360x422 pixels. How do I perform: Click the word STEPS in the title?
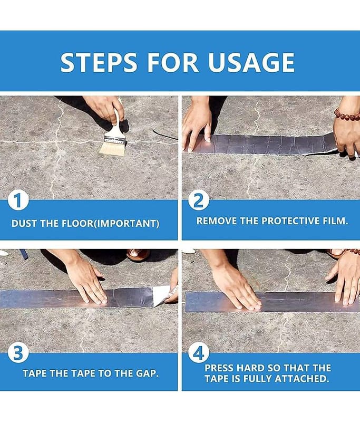pos(99,62)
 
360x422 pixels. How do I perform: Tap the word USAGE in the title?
pos(251,62)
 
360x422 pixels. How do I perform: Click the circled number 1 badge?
pos(18,200)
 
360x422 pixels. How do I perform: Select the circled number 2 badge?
pos(199,200)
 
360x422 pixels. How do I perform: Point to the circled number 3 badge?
pos(18,353)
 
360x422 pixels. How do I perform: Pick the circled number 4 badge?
pos(199,353)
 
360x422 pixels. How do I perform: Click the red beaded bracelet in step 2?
pos(347,114)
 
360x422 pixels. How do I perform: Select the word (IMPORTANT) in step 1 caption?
pos(127,223)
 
